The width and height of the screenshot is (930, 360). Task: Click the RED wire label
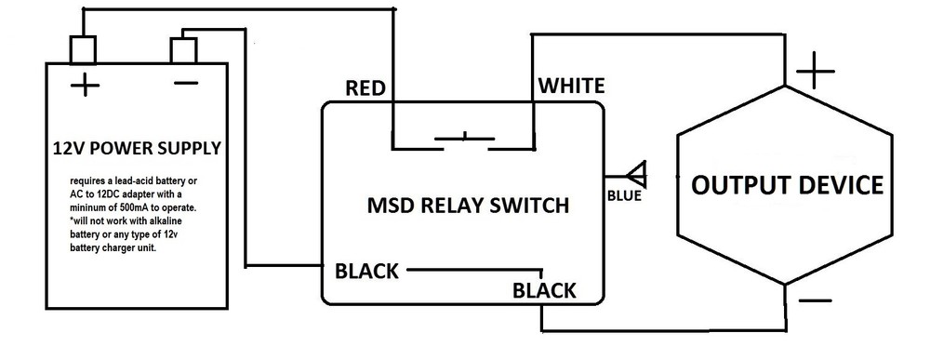(365, 88)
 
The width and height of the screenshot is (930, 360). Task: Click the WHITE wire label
(572, 87)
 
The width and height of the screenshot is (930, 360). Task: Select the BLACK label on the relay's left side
(366, 272)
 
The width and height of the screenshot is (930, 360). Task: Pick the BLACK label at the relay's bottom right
(544, 290)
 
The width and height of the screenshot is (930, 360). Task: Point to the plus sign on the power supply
(85, 87)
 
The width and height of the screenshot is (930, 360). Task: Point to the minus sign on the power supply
(185, 84)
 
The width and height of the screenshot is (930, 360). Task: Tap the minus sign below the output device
(815, 300)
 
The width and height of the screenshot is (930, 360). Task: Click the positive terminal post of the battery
(84, 47)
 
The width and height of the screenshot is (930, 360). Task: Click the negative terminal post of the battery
(183, 47)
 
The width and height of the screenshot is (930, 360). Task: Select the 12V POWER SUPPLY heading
(137, 147)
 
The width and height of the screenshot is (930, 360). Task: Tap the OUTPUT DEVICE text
(786, 185)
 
